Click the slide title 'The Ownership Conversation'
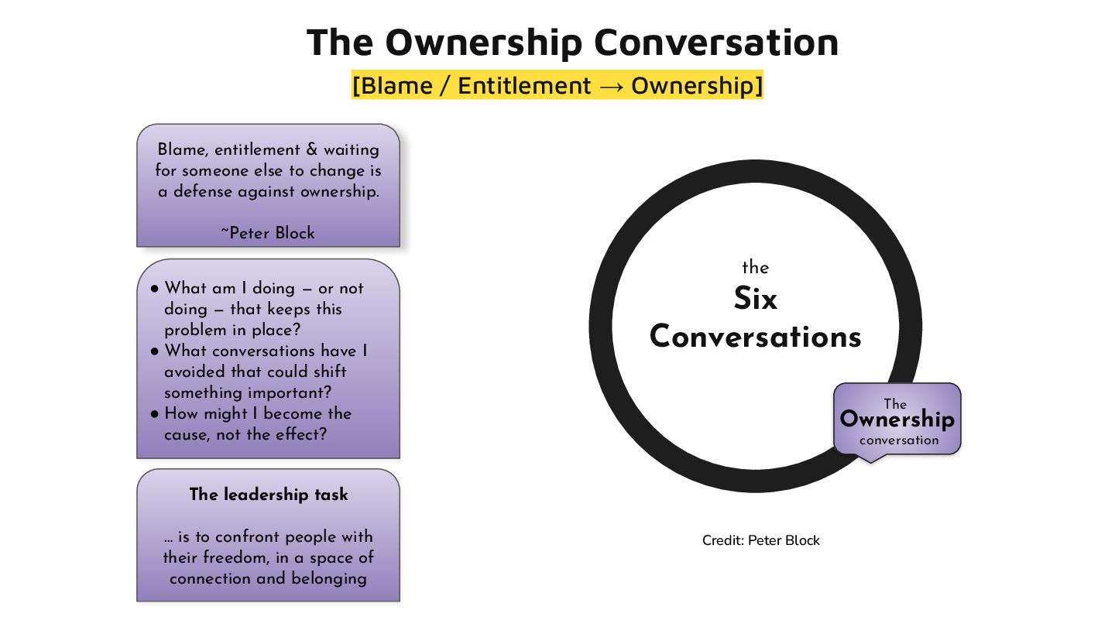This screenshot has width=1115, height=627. coord(572,42)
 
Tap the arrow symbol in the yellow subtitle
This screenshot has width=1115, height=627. coord(611,86)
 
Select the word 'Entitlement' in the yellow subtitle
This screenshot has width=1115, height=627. coord(524,86)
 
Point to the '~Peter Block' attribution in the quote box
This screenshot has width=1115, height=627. coord(268,233)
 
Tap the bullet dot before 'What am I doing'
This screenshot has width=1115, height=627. coord(155,289)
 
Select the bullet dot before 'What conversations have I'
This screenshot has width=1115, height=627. coord(155,351)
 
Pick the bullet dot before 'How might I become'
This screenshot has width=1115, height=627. coord(155,414)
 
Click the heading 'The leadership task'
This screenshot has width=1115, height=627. coord(269,495)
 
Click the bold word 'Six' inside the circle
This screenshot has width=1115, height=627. coord(755,300)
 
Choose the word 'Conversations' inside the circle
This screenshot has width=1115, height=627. coord(755,337)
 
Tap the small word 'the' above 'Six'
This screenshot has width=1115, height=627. coord(755,268)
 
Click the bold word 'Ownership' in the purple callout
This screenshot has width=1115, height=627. coord(897,420)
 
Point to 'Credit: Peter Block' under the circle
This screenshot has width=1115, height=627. coord(760,540)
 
